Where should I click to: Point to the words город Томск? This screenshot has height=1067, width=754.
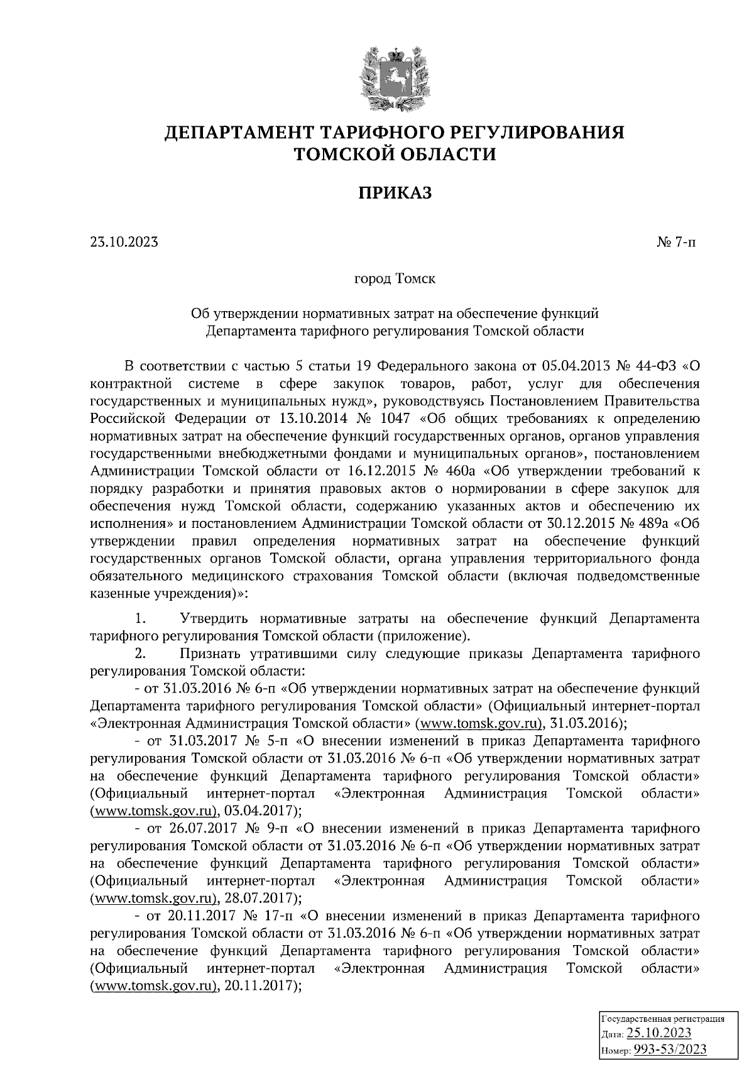coord(395,278)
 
